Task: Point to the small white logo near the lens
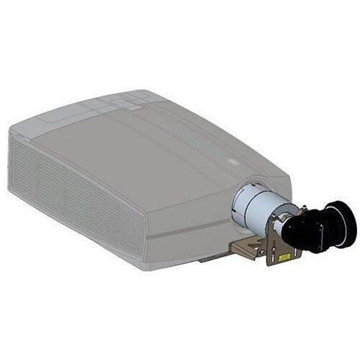[x=233, y=164]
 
